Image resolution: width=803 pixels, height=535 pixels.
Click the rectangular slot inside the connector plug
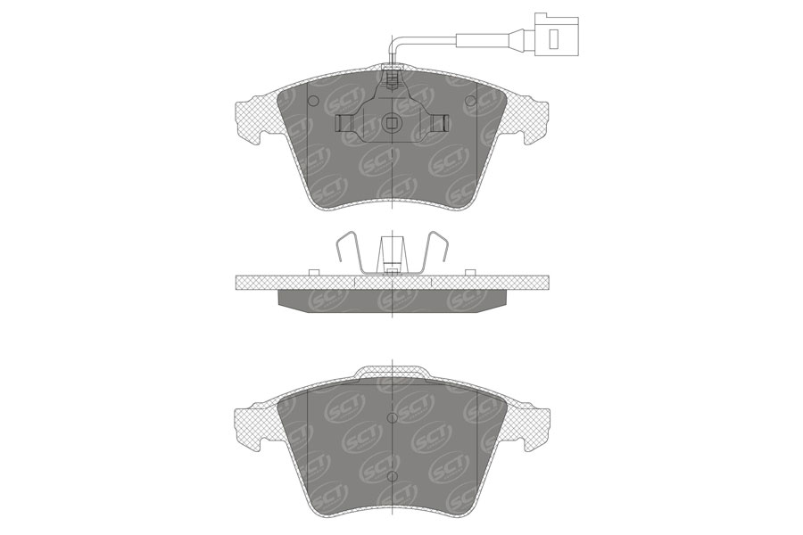(x=552, y=38)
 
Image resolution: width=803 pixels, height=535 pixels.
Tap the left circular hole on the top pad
(x=312, y=99)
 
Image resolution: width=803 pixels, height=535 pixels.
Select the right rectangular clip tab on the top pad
(x=440, y=124)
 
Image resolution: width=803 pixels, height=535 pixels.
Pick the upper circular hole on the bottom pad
(x=393, y=417)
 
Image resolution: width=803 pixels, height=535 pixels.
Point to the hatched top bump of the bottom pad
(x=393, y=373)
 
